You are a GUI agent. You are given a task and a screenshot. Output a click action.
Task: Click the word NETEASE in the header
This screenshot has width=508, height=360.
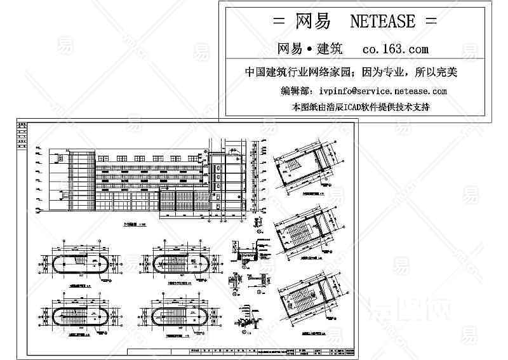pyautogui.click(x=382, y=22)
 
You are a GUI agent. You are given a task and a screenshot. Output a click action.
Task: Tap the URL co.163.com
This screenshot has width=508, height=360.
pyautogui.click(x=395, y=49)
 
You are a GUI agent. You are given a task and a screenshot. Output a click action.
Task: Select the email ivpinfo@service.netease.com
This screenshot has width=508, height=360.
pyautogui.click(x=379, y=91)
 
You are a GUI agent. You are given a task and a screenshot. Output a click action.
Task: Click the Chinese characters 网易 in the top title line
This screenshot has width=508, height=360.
pyautogui.click(x=313, y=22)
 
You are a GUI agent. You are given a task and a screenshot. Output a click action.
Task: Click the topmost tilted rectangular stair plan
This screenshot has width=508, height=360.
pyautogui.click(x=305, y=168)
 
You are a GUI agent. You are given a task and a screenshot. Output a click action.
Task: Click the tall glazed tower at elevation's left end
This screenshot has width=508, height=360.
pyautogui.click(x=81, y=179)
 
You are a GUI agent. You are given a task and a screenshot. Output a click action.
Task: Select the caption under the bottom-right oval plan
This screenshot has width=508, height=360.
pyautogui.click(x=180, y=336)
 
